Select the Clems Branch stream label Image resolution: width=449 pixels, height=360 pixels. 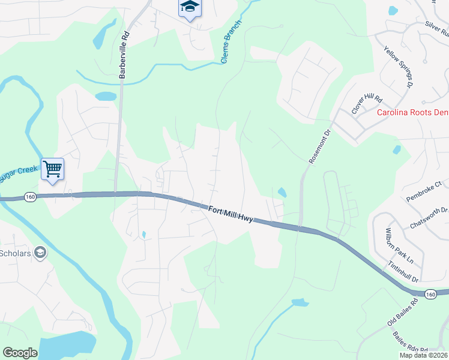tap(231, 42)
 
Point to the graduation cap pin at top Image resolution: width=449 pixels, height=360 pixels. tap(190, 8)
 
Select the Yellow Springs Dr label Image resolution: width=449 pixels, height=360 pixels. tap(399, 68)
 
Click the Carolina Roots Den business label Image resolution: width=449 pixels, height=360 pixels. tap(412, 112)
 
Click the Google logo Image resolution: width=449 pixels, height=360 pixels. tap(20, 353)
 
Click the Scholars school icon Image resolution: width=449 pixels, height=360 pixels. tap(40, 253)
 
